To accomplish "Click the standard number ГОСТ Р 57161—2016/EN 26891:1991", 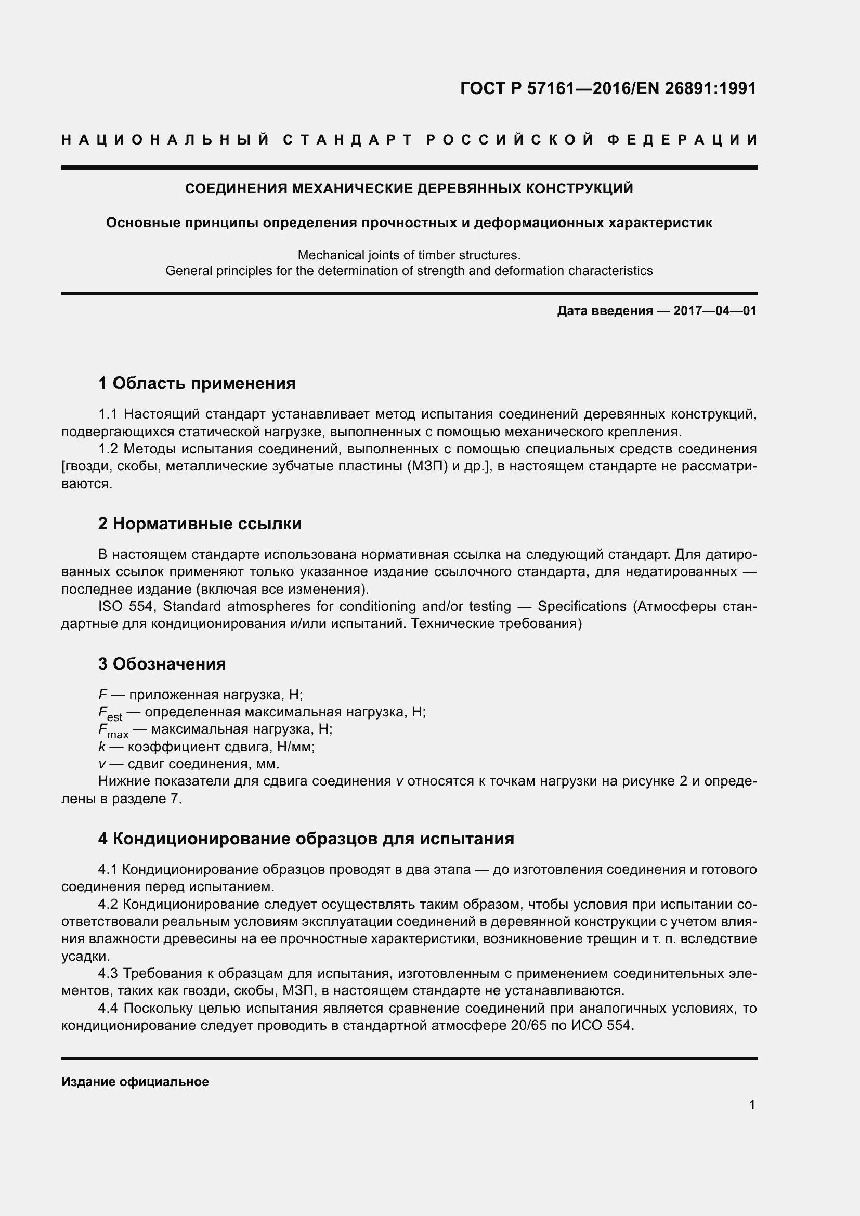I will pos(608,88).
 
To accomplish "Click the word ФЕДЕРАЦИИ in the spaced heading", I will pos(682,140).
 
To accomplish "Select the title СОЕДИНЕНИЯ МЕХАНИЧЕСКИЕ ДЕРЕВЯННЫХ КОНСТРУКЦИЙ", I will pos(409,189).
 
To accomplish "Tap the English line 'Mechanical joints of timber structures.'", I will pos(409,255).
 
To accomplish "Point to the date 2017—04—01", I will pos(715,311).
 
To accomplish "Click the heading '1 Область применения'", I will pos(197,383).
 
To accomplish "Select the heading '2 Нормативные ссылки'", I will pos(200,524).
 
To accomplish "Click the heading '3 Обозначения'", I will pos(162,664).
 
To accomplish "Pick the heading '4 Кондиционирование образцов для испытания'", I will pos(306,839).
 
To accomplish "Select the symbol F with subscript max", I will pos(113,731).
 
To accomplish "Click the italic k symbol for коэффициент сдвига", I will pos(102,747).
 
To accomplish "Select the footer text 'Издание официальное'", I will pos(135,1082).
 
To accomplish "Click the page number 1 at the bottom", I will pos(752,1105).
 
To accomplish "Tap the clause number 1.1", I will pos(110,414).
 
